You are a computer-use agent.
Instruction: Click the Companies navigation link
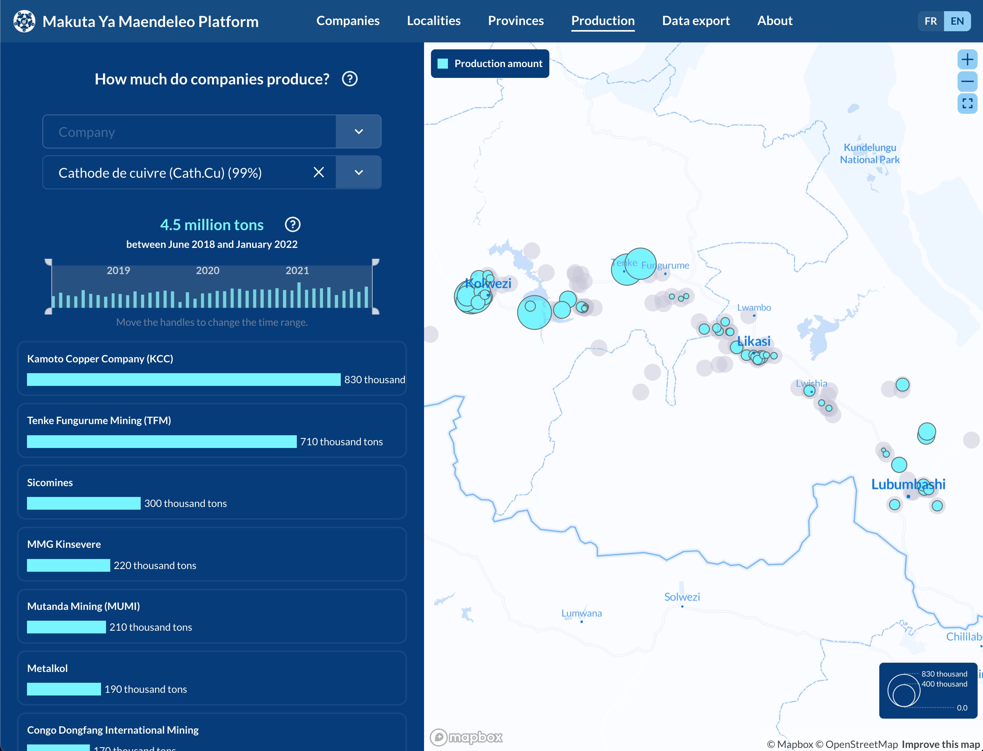347,20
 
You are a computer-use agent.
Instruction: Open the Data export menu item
695,20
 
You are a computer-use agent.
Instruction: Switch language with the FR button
930,21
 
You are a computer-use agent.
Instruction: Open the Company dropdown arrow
358,131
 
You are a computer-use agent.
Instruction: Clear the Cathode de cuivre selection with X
318,173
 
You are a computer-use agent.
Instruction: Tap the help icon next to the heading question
350,79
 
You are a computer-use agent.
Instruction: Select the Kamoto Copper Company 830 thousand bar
183,379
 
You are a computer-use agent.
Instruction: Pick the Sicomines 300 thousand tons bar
84,503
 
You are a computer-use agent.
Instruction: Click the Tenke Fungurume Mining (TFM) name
99,420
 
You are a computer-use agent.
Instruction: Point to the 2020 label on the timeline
207,271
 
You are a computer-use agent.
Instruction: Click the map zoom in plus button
967,59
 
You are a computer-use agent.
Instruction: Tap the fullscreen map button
967,104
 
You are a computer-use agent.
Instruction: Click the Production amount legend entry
490,64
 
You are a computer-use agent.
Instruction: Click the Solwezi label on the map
681,597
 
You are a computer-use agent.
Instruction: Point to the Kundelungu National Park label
869,153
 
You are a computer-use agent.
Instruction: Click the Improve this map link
940,744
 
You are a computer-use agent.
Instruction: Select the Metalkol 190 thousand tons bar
64,689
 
